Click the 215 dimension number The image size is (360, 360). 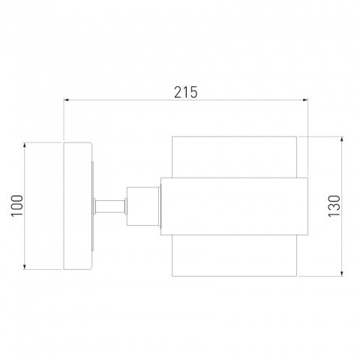click(x=185, y=92)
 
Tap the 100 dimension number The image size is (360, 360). click(x=17, y=205)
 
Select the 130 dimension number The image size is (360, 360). click(x=334, y=206)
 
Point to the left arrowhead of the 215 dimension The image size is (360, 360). click(x=66, y=100)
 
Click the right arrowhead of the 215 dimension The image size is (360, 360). click(x=305, y=100)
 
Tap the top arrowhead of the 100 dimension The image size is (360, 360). click(x=25, y=145)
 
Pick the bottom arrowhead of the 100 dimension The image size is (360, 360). click(x=25, y=267)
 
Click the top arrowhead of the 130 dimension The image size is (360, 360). click(x=342, y=139)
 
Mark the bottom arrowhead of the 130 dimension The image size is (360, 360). click(x=342, y=274)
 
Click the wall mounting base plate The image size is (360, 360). click(x=78, y=206)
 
